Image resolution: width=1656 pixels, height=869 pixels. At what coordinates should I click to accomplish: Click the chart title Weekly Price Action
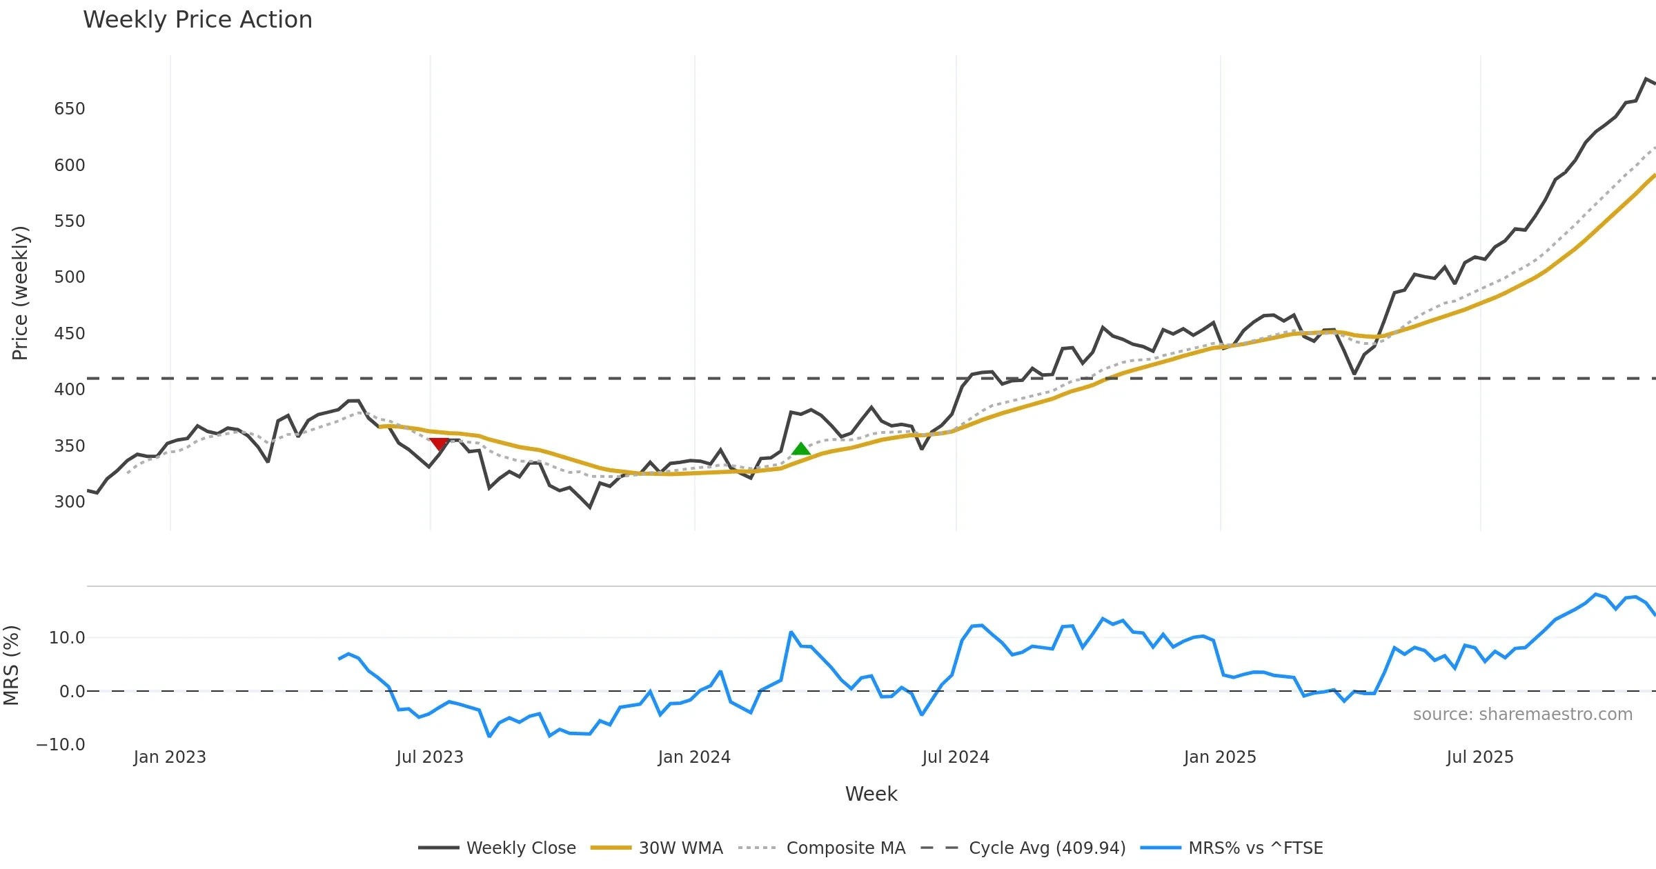click(x=197, y=20)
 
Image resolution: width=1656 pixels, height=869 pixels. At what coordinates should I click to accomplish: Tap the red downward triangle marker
click(x=439, y=443)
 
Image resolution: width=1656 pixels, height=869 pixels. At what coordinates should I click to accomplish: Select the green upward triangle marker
click(x=800, y=449)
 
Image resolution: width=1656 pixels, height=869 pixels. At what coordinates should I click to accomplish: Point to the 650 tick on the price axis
click(x=70, y=109)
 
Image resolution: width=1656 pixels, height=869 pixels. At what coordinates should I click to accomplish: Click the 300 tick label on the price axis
click(x=70, y=502)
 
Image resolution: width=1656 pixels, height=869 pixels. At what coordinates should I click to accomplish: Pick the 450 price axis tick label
click(x=70, y=334)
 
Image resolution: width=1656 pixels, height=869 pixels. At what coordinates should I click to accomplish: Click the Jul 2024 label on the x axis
click(x=956, y=757)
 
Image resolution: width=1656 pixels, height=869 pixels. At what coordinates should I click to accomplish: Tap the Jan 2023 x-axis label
click(x=170, y=757)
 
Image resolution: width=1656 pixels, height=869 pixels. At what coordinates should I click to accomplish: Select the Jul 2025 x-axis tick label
click(x=1480, y=757)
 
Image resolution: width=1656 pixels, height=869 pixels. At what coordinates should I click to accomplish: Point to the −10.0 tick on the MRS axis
click(x=61, y=745)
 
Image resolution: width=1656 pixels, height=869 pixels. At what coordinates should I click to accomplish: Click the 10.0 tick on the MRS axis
click(x=67, y=638)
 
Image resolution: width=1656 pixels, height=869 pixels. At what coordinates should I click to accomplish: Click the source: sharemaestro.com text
click(x=1522, y=715)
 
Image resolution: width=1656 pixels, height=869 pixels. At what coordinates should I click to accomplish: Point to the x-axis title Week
click(x=871, y=795)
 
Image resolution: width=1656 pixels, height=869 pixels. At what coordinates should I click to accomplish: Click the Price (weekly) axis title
click(x=20, y=293)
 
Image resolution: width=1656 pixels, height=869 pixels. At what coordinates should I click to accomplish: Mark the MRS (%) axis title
click(x=11, y=665)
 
